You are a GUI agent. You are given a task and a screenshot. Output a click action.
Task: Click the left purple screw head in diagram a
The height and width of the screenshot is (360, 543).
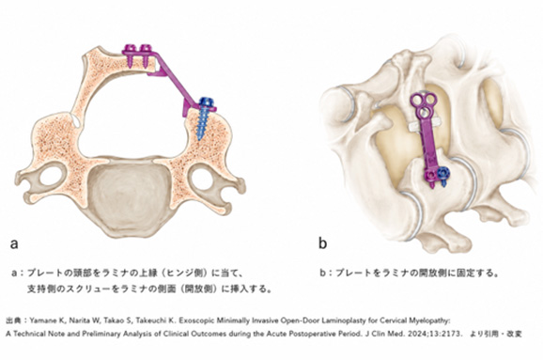[x=131, y=48]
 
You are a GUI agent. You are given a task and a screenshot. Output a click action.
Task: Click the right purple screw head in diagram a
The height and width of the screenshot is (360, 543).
[x=146, y=48]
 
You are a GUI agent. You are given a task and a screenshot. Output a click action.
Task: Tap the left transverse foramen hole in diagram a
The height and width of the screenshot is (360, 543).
[x=51, y=177]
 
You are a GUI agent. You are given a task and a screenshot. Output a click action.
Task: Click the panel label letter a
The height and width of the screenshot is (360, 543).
[x=14, y=243]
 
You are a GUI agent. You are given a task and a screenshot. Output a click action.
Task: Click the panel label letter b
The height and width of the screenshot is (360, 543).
[x=322, y=243]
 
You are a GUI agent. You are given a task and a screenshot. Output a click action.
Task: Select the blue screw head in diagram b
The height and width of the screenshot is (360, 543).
[x=442, y=172]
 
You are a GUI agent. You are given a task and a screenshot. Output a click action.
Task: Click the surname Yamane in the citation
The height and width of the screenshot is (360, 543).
[x=41, y=321]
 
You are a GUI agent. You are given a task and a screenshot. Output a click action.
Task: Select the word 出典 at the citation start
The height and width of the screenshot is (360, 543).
[x=12, y=321]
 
